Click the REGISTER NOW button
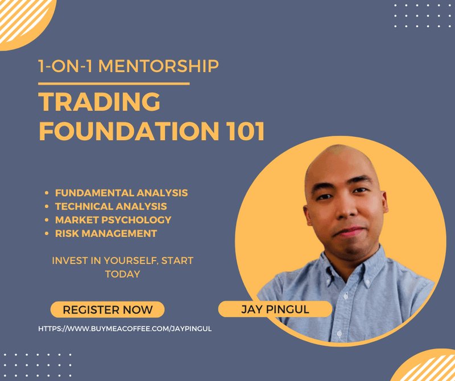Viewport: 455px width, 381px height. click(107, 309)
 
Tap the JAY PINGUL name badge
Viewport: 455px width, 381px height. click(275, 309)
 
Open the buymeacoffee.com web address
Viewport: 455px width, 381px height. click(125, 329)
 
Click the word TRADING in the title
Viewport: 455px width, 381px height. click(99, 102)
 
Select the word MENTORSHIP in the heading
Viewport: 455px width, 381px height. click(159, 66)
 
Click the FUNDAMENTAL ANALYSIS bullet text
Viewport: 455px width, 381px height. click(121, 192)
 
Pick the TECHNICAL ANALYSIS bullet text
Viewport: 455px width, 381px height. click(111, 206)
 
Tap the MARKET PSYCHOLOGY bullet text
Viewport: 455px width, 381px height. click(113, 220)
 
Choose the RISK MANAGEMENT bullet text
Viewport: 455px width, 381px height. click(106, 233)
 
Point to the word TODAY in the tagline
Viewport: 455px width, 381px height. click(122, 274)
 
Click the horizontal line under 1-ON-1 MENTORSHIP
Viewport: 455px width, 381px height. click(114, 83)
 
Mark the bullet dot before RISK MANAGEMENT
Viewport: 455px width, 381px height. click(47, 233)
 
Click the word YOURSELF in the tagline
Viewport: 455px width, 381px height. click(131, 261)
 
